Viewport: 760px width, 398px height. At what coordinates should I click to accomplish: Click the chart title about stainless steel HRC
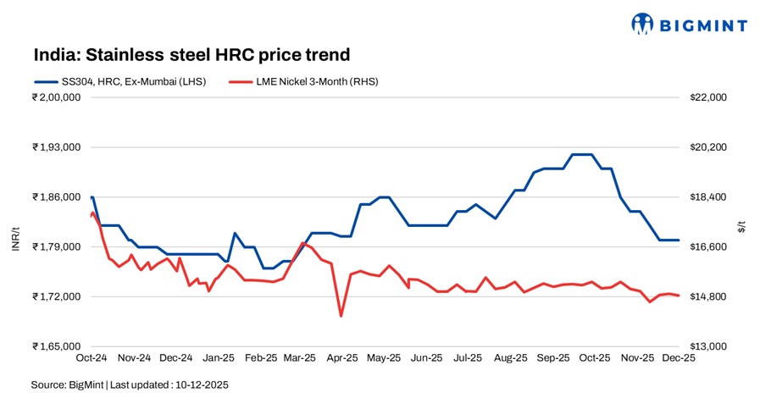tap(191, 56)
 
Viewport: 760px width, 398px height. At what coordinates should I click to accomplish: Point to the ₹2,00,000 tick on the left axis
tap(55, 97)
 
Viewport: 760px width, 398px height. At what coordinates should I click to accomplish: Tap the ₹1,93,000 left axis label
tap(55, 147)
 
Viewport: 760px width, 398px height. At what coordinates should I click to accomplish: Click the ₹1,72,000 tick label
tap(55, 297)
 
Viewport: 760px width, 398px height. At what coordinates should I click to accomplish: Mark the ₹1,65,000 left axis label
tap(55, 347)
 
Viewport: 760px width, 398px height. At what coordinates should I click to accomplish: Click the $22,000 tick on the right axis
tap(708, 97)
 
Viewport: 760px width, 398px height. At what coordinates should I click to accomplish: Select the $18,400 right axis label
tap(708, 197)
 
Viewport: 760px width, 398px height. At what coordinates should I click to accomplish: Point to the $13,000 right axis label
tap(708, 347)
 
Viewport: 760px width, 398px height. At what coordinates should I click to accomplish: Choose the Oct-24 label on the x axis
tap(91, 358)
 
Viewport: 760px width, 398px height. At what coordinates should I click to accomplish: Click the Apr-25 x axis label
tap(341, 358)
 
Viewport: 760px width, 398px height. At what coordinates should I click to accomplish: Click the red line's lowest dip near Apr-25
tap(341, 316)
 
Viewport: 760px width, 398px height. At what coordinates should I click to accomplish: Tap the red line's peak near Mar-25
tap(302, 243)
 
